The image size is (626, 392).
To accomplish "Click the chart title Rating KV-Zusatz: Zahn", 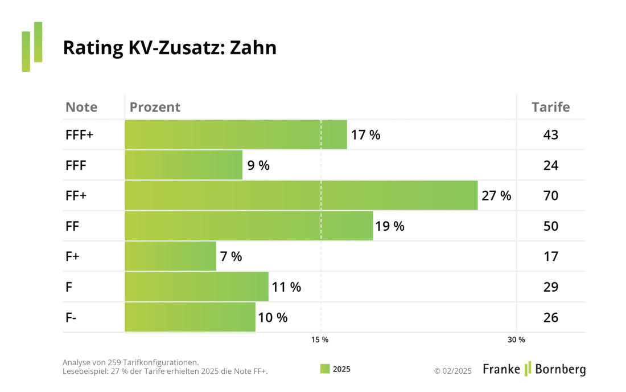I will click(x=170, y=48).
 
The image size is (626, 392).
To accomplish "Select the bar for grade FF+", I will click(x=301, y=195).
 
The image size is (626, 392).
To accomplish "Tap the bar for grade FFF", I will click(x=183, y=165).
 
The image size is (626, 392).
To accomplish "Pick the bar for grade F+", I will click(x=170, y=256).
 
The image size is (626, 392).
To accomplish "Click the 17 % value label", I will click(x=365, y=135).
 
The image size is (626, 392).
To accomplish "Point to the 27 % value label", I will click(x=496, y=196).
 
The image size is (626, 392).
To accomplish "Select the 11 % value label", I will click(x=286, y=287).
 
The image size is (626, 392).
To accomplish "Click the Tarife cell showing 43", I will click(x=550, y=135).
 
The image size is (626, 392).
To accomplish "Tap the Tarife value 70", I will click(x=550, y=196).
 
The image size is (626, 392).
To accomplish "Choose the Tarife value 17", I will click(x=550, y=256).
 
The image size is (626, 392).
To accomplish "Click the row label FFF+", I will click(x=79, y=135).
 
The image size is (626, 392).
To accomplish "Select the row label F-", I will click(x=71, y=317).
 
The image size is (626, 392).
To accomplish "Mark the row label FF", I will click(x=72, y=226).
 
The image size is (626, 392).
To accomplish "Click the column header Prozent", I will click(x=155, y=107).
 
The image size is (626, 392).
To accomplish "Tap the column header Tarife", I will click(x=550, y=107).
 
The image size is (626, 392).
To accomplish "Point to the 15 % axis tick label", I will click(x=320, y=340).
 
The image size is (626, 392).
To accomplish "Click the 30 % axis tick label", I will click(x=516, y=340).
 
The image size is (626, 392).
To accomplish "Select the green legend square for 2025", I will click(x=325, y=369).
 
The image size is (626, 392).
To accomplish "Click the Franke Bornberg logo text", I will click(x=534, y=369).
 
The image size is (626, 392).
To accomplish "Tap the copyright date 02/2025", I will click(x=453, y=371).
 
